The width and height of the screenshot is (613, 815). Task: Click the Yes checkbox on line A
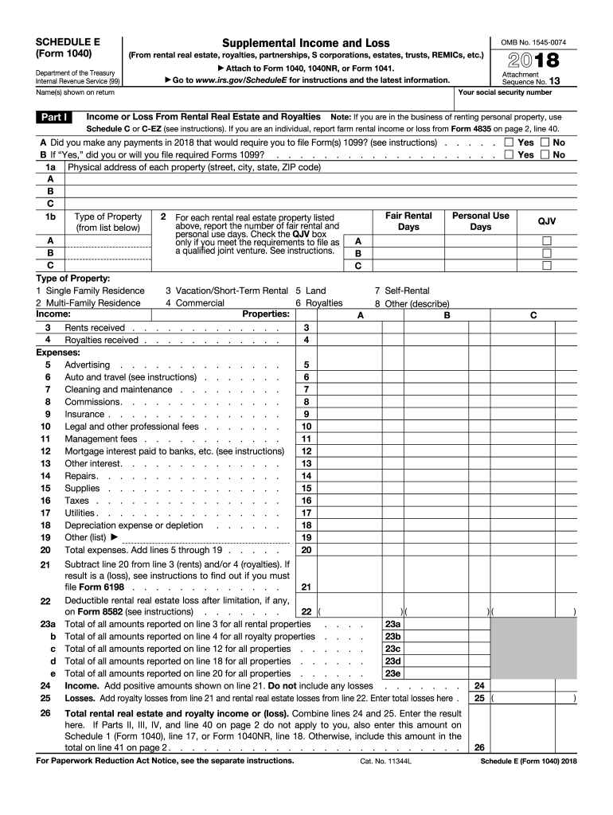click(510, 142)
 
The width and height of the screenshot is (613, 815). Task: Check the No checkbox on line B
click(545, 155)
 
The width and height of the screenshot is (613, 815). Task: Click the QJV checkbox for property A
click(546, 241)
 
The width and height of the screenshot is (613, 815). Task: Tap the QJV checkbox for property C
click(546, 266)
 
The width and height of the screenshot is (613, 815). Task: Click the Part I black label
click(54, 118)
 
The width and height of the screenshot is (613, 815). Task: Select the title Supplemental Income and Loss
click(306, 42)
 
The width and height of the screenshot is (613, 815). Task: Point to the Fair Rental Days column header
click(408, 221)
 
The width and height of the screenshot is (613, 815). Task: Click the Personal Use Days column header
click(480, 221)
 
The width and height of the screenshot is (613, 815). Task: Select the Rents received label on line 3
click(95, 328)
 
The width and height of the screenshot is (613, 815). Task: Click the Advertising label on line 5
click(88, 365)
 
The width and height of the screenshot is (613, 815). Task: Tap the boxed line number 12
click(306, 451)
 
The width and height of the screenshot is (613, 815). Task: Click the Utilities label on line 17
click(80, 513)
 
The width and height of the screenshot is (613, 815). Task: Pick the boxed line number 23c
click(392, 649)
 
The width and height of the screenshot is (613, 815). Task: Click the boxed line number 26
click(479, 748)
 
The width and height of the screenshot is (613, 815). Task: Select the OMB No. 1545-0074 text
click(533, 42)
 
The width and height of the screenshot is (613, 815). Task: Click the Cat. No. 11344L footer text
click(386, 762)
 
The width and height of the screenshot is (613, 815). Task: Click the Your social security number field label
click(506, 93)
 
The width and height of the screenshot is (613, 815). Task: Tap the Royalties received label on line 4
click(101, 341)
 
